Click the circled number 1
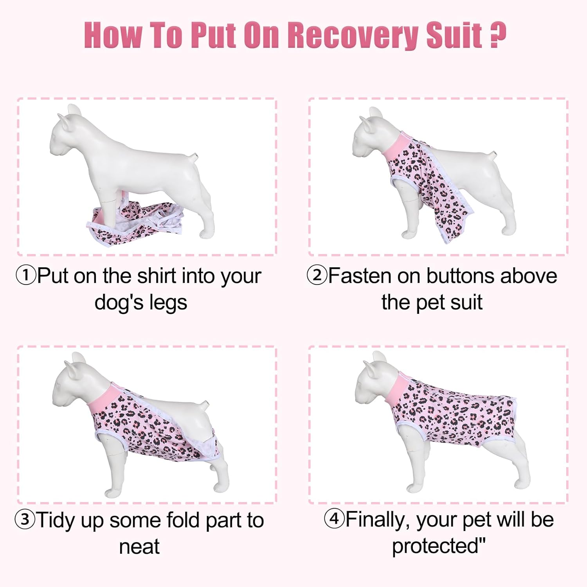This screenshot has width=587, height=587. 26,275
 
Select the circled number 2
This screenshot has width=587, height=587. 317,275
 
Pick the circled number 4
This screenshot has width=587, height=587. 334,519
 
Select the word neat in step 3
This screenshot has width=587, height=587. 139,547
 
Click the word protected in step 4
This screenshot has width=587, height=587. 435,546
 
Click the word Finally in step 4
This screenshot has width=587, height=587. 378,520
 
